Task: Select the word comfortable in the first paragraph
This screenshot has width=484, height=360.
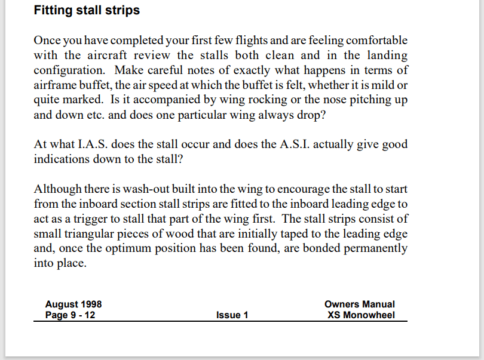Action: click(x=373, y=41)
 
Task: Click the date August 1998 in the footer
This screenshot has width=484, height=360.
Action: click(x=73, y=304)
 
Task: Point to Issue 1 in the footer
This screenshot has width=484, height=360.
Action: click(x=232, y=315)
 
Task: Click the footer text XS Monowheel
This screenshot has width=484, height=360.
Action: click(x=361, y=315)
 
